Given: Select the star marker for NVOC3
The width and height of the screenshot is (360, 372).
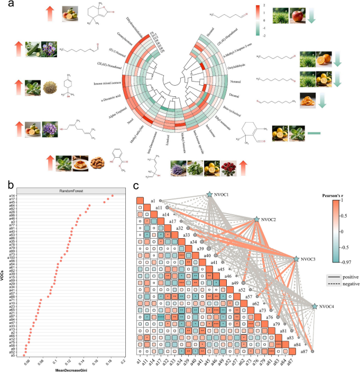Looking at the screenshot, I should click(x=296, y=259).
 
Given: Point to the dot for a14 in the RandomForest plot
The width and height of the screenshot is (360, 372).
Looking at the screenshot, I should click(x=97, y=196).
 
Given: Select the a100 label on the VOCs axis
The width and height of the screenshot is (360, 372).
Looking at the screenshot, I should click(x=12, y=258).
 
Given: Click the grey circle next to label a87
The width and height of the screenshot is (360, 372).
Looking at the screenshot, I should click(x=312, y=351).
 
